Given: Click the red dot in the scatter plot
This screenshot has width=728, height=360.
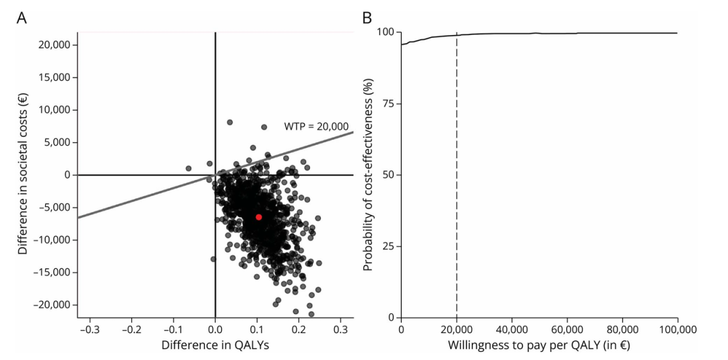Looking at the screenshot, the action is coord(259,217).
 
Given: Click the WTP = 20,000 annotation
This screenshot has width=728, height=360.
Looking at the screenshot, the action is coord(316,125).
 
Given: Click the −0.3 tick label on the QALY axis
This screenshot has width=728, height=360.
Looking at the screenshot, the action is coord(90,331).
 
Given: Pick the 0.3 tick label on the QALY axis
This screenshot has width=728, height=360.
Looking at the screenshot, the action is coord(340,331).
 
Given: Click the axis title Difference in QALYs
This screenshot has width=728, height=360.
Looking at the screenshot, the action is coord(215,346).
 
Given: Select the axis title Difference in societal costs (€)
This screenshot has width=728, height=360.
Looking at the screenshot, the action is coord(22,175).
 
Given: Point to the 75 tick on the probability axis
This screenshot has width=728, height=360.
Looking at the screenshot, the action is coord(389,104).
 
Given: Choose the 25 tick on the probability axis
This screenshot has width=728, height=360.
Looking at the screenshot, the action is coord(389,246).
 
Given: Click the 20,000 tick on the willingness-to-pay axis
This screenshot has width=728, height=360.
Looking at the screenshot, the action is coord(456,331).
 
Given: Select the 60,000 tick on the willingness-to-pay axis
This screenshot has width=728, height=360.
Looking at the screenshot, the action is coord(567,331).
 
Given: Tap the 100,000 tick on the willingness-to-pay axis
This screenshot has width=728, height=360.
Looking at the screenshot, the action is coord(677,331).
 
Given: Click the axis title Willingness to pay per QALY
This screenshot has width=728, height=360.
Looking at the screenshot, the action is coord(539,346).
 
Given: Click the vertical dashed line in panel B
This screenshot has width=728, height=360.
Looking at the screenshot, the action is coord(457,175).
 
